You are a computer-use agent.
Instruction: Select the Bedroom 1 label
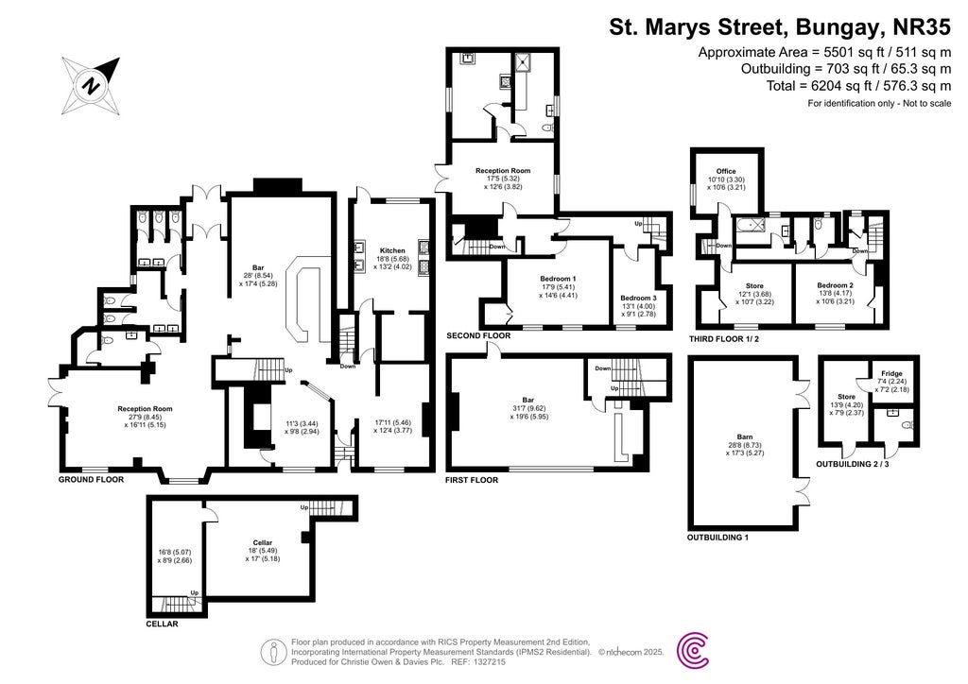tap(559, 279)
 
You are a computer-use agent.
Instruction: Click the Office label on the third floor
tap(725, 171)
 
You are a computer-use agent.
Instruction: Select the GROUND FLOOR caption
tap(91, 480)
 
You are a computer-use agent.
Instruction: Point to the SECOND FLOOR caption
tap(478, 335)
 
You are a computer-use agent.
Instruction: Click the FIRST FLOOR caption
tap(472, 480)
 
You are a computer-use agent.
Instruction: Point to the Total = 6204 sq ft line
tap(859, 85)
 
